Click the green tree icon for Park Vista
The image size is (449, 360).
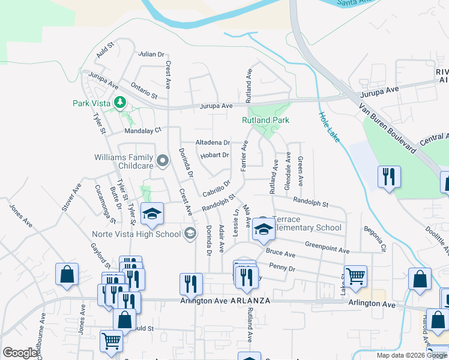[119, 102]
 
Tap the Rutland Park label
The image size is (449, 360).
[265, 120]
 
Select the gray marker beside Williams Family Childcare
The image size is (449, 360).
[162, 160]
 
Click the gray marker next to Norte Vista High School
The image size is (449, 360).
[190, 233]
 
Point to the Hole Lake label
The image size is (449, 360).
[329, 127]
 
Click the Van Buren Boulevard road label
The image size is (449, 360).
[387, 127]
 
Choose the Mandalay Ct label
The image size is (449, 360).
[143, 130]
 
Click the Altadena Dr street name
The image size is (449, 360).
[213, 142]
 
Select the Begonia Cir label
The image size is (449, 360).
[373, 239]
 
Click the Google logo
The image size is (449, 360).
[20, 353]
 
